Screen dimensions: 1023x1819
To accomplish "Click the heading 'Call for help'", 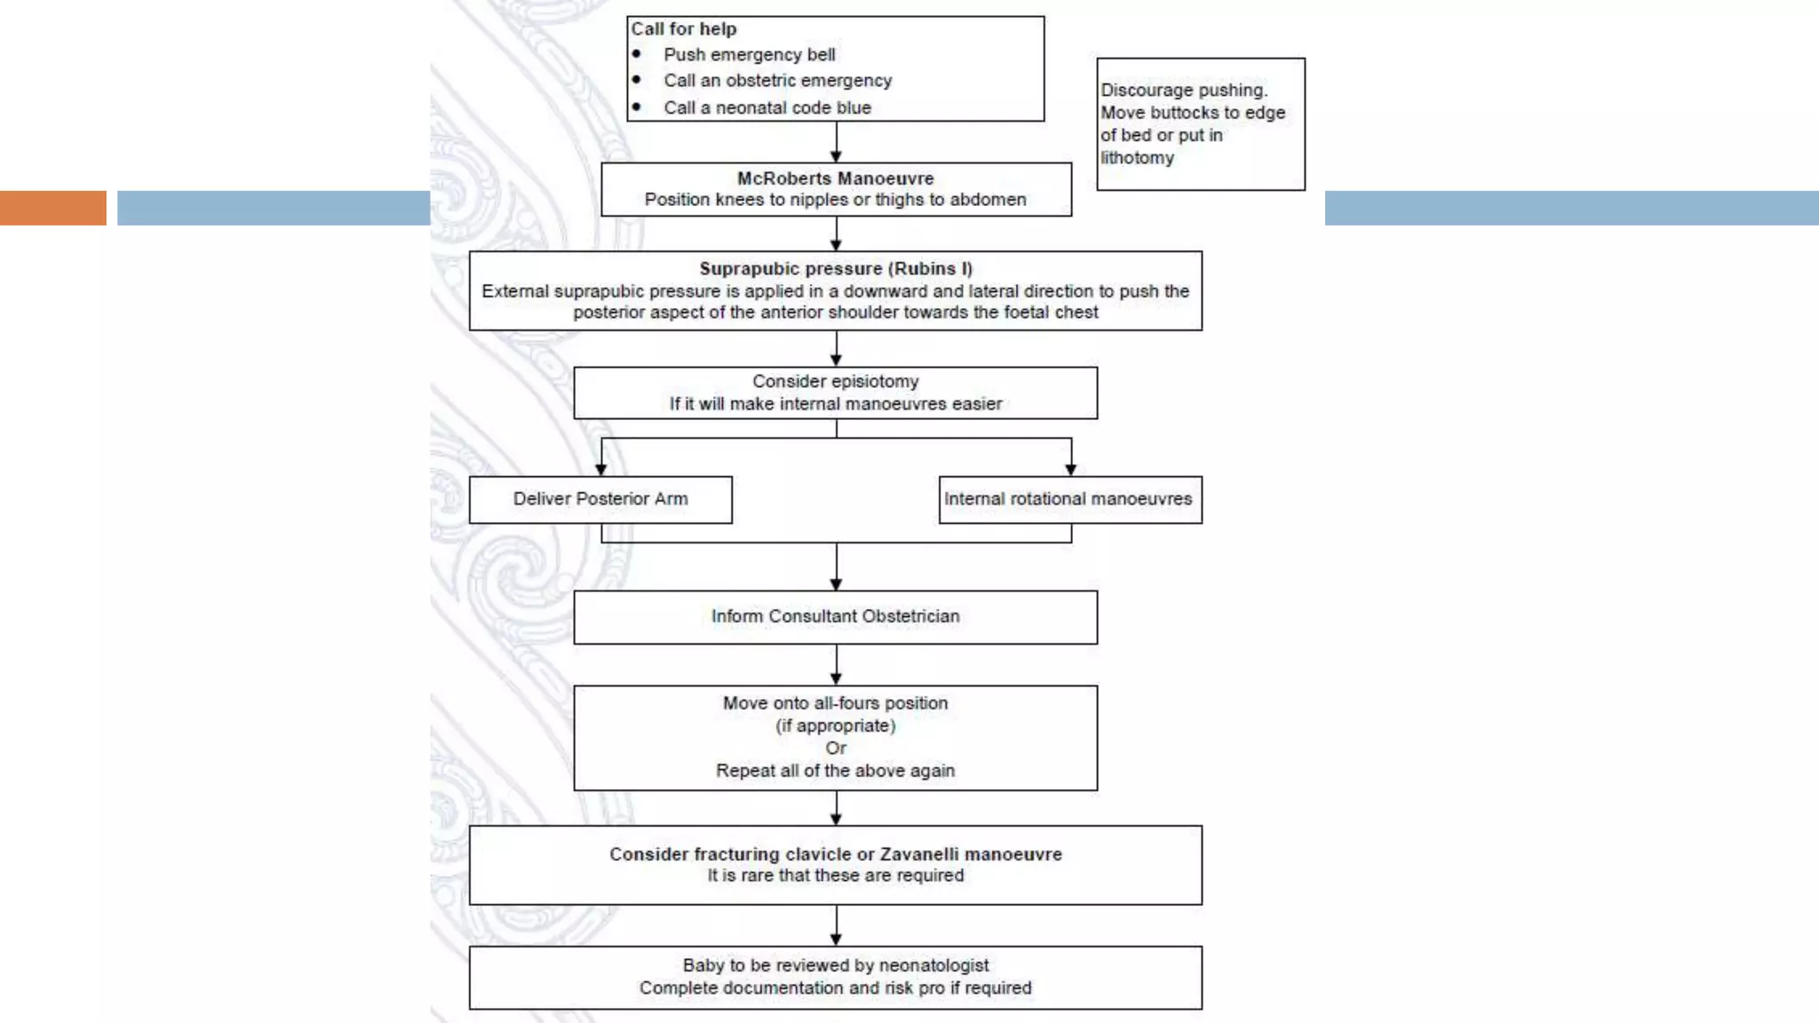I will click(x=683, y=29).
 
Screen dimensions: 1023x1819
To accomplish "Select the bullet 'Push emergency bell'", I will click(x=749, y=55).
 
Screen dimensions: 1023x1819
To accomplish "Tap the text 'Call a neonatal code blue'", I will click(x=767, y=107).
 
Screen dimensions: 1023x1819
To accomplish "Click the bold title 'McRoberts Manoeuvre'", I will click(x=835, y=178).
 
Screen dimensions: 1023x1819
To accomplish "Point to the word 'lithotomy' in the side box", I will click(x=1137, y=158).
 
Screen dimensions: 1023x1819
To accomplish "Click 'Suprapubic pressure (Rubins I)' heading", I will click(x=835, y=268).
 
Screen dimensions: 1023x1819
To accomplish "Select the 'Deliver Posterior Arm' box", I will click(x=600, y=499).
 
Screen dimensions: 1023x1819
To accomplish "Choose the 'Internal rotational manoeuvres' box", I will click(x=1068, y=499).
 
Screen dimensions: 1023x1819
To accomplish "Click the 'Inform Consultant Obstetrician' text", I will click(x=835, y=616).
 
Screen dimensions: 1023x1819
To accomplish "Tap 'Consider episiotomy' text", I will click(x=835, y=382).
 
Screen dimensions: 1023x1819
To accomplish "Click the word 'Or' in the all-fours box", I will click(x=835, y=748).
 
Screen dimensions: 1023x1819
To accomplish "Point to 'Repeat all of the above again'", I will click(x=835, y=771).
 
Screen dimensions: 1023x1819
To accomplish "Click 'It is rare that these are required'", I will click(x=835, y=876).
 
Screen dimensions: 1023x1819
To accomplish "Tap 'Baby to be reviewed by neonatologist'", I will click(x=835, y=965).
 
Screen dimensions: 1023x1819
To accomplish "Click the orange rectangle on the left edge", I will click(x=52, y=208).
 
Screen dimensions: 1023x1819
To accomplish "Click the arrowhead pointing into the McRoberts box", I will click(x=836, y=156).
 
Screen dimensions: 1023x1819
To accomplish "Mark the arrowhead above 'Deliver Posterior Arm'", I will click(x=601, y=469).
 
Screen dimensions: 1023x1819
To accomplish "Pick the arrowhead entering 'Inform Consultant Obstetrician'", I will click(x=836, y=584).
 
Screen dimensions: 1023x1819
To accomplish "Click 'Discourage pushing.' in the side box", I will click(x=1184, y=91).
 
